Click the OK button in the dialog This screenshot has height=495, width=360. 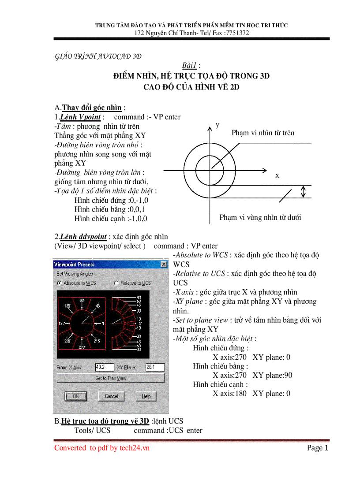pos(75,396)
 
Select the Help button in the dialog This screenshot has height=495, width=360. pos(146,396)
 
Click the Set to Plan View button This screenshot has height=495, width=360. pos(111,378)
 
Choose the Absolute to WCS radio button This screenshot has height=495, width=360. pos(60,283)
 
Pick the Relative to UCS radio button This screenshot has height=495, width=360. pos(116,283)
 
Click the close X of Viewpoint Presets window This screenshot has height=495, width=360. pos(164,264)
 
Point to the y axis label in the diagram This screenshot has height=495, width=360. pos(217,125)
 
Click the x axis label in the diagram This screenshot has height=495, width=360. pos(277,175)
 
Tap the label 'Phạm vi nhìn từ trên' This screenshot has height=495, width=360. pos(262,133)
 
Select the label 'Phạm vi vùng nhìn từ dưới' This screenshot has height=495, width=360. pos(260,217)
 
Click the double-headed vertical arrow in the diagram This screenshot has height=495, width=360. pos(303,191)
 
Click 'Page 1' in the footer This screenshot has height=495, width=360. pos(318,448)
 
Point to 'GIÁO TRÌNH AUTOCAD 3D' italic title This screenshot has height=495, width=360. pos(97,56)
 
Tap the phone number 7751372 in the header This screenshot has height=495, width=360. pos(237,33)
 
